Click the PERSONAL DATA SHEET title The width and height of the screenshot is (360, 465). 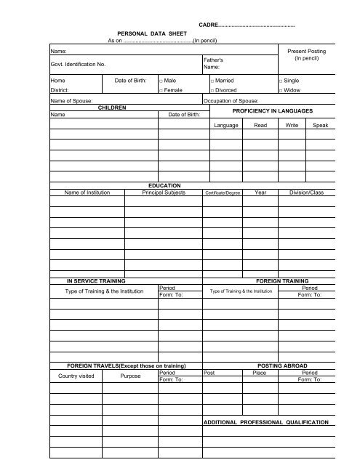(x=152, y=33)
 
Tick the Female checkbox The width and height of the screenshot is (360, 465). (x=159, y=91)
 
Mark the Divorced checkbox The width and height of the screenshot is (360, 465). (x=210, y=91)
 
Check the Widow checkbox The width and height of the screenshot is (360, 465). (x=281, y=91)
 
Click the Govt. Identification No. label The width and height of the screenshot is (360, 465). (x=78, y=65)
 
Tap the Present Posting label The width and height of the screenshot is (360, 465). (x=307, y=52)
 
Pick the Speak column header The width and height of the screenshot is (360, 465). (x=320, y=126)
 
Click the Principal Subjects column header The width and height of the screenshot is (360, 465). (x=164, y=193)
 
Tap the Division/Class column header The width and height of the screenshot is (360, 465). (x=307, y=193)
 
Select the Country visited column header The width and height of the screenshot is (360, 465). (x=72, y=376)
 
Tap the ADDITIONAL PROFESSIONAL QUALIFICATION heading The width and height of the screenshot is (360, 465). (x=265, y=422)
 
